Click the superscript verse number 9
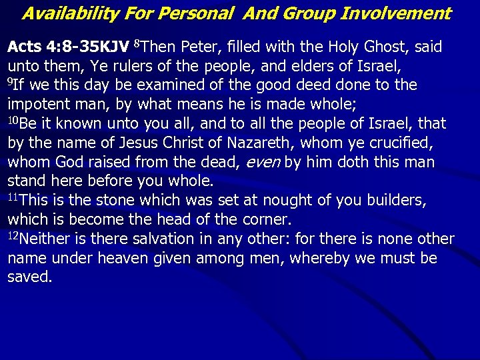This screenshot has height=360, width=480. (10, 82)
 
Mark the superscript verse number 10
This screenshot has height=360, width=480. (13, 121)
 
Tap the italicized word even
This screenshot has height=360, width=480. (262, 163)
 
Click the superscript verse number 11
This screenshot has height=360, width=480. (13, 197)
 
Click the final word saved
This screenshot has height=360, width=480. (29, 277)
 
